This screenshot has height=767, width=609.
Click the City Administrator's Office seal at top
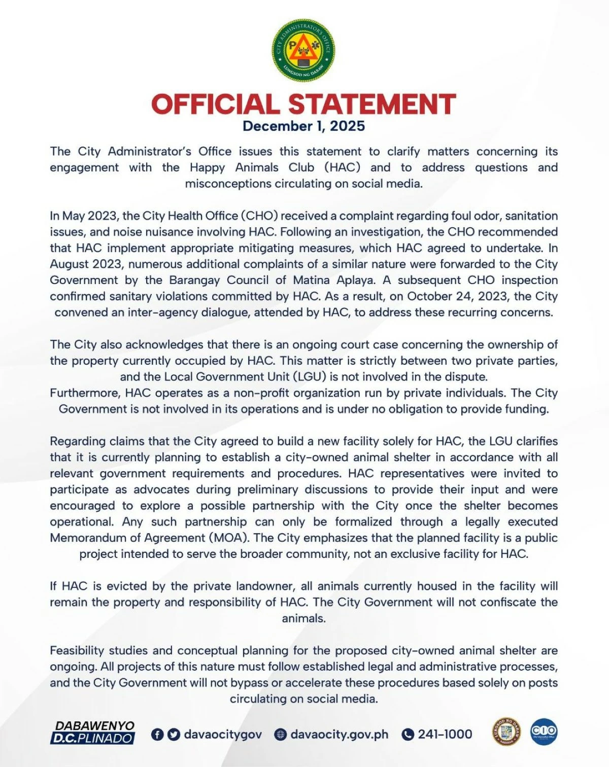303,50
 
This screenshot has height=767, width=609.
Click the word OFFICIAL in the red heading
215,104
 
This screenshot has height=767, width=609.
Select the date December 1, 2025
303,126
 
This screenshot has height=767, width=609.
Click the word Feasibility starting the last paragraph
79,651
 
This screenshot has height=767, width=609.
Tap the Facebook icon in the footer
157,735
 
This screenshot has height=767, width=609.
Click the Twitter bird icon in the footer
174,735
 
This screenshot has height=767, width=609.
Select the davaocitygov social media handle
223,735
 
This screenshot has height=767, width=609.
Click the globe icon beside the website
280,735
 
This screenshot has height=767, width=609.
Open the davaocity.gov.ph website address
339,735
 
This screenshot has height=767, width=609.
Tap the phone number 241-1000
445,735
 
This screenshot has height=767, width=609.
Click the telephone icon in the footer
408,735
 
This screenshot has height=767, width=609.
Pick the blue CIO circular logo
544,731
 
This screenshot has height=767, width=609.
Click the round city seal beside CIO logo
507,731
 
